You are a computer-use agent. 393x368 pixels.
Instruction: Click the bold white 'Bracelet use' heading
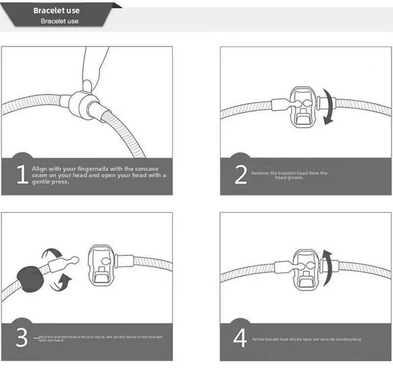click(x=56, y=10)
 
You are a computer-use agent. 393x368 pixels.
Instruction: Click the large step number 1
click(x=22, y=175)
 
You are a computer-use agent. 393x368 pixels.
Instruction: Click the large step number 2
click(x=241, y=175)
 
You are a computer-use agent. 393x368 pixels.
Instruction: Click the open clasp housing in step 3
click(x=102, y=265)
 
